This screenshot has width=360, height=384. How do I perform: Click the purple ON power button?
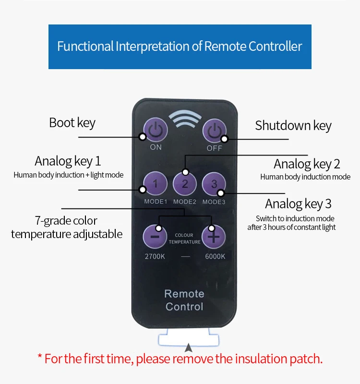click(x=155, y=130)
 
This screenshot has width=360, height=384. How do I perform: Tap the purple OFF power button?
click(x=214, y=131)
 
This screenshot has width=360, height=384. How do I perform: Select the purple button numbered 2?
click(x=185, y=184)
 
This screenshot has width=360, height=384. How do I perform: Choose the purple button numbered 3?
click(x=214, y=184)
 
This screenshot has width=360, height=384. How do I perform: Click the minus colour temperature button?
click(x=155, y=237)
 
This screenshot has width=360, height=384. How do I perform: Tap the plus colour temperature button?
click(x=214, y=237)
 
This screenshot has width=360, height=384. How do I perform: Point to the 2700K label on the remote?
click(x=155, y=256)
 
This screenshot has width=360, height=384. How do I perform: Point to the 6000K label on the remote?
click(x=215, y=256)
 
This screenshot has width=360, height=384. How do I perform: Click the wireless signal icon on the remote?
click(x=185, y=119)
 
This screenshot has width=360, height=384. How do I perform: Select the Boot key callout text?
click(x=72, y=123)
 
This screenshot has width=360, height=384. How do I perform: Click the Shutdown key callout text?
click(x=293, y=126)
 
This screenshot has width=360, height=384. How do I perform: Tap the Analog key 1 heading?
click(x=68, y=161)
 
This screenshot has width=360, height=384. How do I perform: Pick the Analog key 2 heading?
click(x=307, y=164)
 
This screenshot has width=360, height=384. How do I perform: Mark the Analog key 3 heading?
click(x=298, y=204)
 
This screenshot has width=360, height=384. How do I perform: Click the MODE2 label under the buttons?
click(x=185, y=202)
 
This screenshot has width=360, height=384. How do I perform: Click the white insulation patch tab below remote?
click(x=188, y=337)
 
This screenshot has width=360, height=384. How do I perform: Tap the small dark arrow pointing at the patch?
click(x=188, y=348)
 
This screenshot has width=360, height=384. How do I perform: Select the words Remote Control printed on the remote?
click(x=184, y=300)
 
